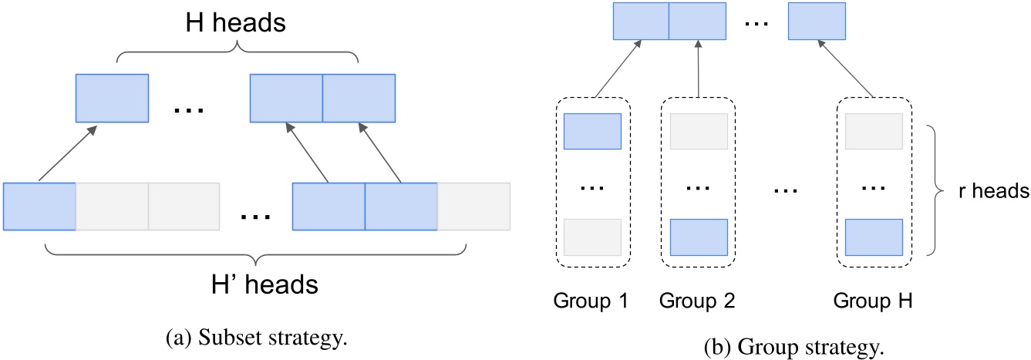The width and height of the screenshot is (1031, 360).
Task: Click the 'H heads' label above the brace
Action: point(238,22)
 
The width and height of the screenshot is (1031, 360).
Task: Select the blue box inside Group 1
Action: point(592,131)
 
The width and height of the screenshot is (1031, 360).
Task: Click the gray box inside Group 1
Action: point(592,237)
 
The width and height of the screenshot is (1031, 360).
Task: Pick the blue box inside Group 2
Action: point(699,237)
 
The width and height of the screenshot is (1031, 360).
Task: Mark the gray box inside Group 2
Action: point(699,131)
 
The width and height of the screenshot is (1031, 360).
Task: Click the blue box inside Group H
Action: point(874,237)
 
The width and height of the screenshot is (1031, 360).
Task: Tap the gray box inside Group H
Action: point(874,131)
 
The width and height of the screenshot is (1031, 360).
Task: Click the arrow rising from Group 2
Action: point(698,69)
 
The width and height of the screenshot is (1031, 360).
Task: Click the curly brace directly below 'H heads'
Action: point(238,51)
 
